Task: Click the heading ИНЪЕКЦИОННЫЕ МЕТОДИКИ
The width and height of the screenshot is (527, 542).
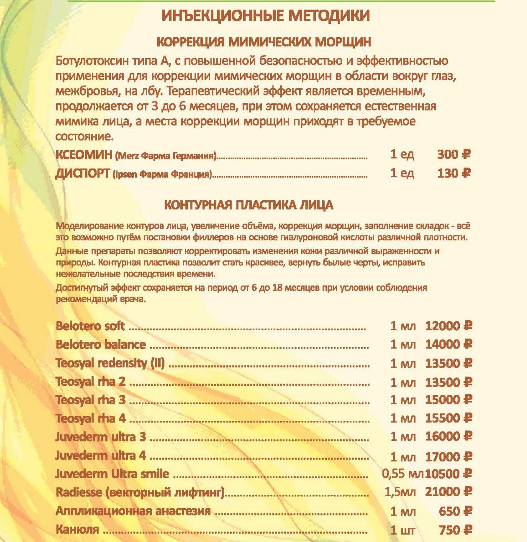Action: (x=266, y=16)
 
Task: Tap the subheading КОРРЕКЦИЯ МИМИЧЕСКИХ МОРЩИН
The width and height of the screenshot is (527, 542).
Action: (x=264, y=42)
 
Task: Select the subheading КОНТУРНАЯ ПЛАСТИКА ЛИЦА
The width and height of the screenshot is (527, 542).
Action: (x=248, y=205)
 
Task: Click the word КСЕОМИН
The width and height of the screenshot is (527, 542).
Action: (x=84, y=155)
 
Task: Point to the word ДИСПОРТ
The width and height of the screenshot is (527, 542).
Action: (x=82, y=174)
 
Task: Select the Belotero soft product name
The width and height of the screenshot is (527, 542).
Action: (x=90, y=326)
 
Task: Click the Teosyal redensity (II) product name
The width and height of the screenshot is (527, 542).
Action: (x=110, y=363)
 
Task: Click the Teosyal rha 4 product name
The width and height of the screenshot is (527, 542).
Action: (x=91, y=418)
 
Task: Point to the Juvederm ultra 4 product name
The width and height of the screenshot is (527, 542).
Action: (x=100, y=455)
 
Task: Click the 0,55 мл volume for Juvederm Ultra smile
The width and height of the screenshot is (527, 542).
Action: (x=402, y=474)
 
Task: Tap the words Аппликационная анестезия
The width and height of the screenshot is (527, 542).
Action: (x=133, y=511)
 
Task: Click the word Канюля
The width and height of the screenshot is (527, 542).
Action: (x=77, y=529)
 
